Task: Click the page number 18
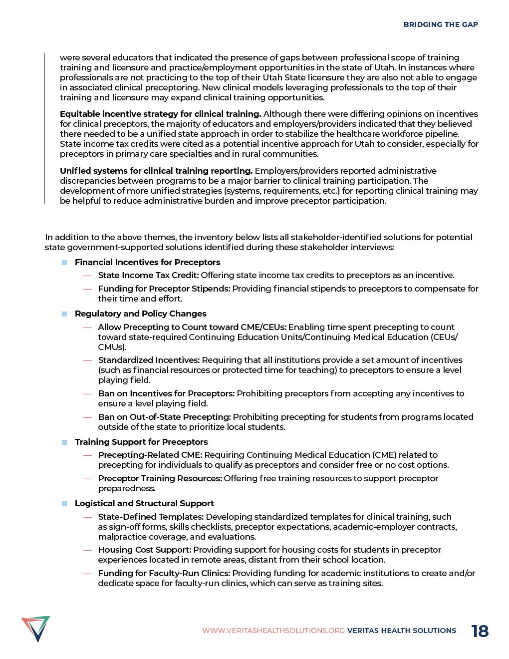pyautogui.click(x=480, y=631)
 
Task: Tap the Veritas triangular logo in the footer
pyautogui.click(x=36, y=628)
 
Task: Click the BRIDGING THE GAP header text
pyautogui.click(x=441, y=24)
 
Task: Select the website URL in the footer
pyautogui.click(x=273, y=631)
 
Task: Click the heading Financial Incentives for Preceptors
pyautogui.click(x=147, y=262)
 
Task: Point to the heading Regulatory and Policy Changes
pyautogui.click(x=140, y=314)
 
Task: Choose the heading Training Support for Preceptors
pyautogui.click(x=141, y=442)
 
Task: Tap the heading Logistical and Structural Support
pyautogui.click(x=144, y=503)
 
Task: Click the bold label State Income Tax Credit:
pyautogui.click(x=148, y=275)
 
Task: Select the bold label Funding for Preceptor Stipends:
pyautogui.click(x=164, y=289)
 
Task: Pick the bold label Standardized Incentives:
pyautogui.click(x=149, y=360)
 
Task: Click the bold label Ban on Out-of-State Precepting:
pyautogui.click(x=164, y=417)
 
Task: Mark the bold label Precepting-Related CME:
pyautogui.click(x=150, y=455)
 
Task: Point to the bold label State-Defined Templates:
pyautogui.click(x=151, y=517)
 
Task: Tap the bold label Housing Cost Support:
pyautogui.click(x=145, y=550)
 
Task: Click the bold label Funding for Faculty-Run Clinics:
pyautogui.click(x=164, y=573)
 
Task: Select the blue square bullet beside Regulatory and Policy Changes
pyautogui.click(x=64, y=314)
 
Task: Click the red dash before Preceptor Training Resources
pyautogui.click(x=87, y=479)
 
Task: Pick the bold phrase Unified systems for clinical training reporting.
pyautogui.click(x=156, y=171)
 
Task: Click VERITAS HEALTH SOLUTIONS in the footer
pyautogui.click(x=402, y=631)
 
